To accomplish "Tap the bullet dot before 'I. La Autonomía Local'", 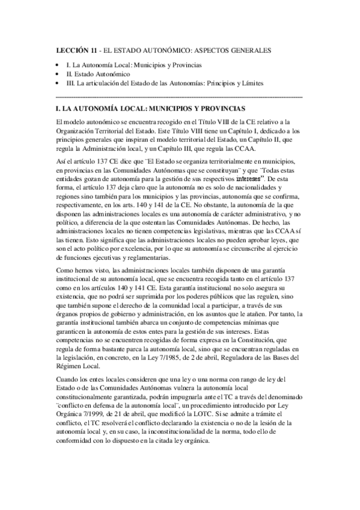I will coord(56,64).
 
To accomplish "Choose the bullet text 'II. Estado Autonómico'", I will coord(96,73).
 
